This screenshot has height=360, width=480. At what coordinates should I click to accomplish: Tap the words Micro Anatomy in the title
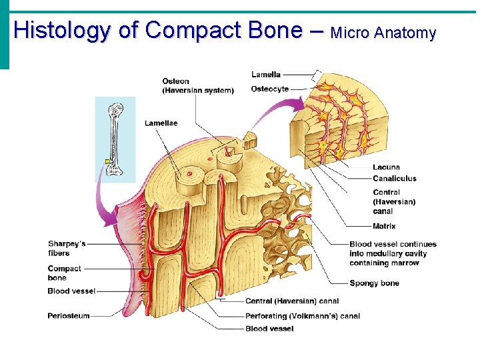point(383,32)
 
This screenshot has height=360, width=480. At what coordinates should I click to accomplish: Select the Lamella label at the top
point(266,75)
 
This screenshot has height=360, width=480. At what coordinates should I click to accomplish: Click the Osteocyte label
point(270,89)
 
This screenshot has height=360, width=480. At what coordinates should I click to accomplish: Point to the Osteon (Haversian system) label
point(197,86)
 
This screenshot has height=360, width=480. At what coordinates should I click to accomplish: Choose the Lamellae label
point(161,123)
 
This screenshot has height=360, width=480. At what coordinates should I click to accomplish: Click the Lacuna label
point(387,167)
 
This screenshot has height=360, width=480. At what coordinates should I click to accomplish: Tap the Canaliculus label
point(395,178)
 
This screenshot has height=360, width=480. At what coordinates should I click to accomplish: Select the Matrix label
point(384,227)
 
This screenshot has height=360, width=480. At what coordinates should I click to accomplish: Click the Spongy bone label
point(374,283)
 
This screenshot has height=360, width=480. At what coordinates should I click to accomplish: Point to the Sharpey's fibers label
point(67,249)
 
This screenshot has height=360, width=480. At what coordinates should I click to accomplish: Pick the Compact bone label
point(65,273)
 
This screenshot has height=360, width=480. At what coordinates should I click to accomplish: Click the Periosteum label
point(69,316)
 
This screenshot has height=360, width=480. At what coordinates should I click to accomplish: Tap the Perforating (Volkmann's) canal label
point(303,316)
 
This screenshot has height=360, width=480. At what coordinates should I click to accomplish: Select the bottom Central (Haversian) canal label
point(292,301)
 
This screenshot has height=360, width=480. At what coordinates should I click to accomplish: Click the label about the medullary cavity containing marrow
point(393,253)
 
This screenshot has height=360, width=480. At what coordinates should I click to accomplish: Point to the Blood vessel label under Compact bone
point(71,291)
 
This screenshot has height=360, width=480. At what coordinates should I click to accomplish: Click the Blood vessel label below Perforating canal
point(265,329)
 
